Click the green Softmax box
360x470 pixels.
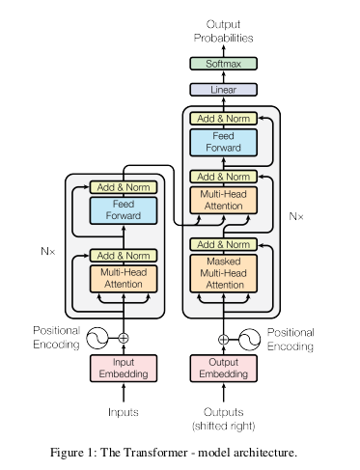[x=223, y=64]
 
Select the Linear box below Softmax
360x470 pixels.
[x=223, y=90]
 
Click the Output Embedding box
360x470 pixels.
[x=223, y=369]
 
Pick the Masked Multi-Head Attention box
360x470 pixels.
[x=223, y=273]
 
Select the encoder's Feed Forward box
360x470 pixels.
[x=123, y=209]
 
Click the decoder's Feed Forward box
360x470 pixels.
[x=223, y=143]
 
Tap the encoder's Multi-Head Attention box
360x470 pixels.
[x=123, y=278]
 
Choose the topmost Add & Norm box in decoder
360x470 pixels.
[x=223, y=118]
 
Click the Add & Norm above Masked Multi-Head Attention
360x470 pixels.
[x=223, y=244]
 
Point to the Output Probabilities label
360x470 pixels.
[x=223, y=31]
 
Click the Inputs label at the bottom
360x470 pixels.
[x=123, y=412]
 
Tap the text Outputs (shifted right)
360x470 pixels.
[x=223, y=418]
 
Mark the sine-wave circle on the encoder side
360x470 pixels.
[x=97, y=338]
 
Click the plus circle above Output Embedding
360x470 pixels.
[x=223, y=339]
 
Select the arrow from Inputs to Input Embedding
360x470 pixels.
[x=123, y=394]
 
